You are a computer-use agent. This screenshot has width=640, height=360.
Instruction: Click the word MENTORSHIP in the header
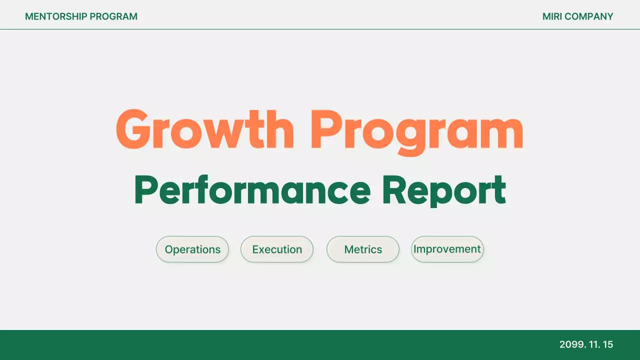click(55, 16)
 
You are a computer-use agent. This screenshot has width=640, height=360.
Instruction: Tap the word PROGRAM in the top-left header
click(113, 16)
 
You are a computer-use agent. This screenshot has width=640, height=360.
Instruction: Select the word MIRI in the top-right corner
click(552, 16)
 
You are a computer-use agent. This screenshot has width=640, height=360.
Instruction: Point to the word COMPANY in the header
click(589, 16)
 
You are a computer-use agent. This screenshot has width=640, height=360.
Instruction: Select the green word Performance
click(252, 190)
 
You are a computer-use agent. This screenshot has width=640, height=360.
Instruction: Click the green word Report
click(444, 190)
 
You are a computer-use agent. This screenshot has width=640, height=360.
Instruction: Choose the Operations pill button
click(192, 249)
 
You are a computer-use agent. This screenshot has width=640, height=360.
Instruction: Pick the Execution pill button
click(277, 249)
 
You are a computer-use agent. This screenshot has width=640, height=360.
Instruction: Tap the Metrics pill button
click(363, 249)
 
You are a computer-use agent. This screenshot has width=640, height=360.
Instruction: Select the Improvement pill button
click(447, 249)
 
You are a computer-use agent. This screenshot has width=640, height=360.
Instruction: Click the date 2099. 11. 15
click(586, 344)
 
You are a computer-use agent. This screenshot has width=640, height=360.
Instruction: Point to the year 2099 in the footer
click(570, 344)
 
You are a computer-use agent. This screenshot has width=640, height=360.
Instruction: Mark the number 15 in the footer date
click(608, 344)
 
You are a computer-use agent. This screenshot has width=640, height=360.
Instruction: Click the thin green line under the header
click(320, 29)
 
